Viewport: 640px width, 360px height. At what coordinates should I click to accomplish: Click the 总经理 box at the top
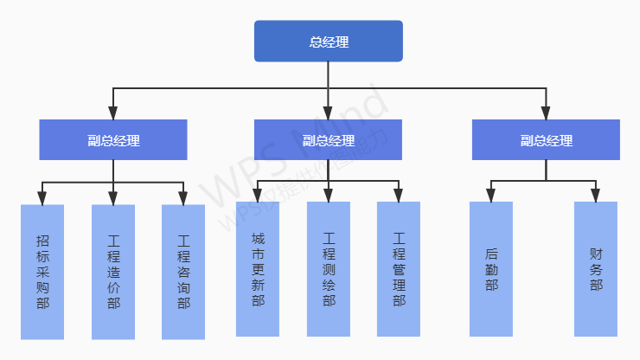[329, 42]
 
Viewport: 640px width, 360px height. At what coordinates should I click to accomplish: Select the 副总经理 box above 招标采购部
[113, 140]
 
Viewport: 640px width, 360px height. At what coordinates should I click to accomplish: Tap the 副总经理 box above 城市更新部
[329, 140]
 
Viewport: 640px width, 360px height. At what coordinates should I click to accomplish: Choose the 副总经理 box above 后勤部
[546, 140]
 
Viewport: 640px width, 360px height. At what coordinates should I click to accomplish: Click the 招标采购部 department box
[42, 271]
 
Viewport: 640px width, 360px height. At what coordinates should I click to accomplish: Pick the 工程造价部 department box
[113, 271]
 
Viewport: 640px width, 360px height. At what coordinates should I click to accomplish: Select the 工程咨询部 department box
[183, 271]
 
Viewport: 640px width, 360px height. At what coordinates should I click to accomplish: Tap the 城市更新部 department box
[258, 268]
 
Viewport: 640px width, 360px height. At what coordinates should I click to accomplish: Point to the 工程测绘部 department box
[329, 268]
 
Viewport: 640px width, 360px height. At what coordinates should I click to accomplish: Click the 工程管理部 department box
[399, 268]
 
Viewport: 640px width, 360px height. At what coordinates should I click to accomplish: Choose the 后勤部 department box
[491, 268]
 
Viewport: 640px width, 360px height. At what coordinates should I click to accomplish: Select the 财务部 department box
[596, 268]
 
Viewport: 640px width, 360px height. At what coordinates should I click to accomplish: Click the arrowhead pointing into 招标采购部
[42, 199]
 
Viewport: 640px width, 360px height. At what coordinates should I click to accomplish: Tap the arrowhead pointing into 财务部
[596, 196]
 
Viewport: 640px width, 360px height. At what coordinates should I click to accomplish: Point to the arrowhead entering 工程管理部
[399, 196]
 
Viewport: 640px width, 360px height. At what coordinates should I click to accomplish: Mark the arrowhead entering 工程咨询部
[183, 199]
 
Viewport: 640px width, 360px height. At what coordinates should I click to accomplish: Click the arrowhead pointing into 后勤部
[491, 196]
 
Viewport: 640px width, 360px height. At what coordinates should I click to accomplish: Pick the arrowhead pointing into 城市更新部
[258, 196]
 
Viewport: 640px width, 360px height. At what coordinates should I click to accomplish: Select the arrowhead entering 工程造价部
[113, 199]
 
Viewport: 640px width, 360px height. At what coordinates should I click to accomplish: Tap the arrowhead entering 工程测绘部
[329, 196]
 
